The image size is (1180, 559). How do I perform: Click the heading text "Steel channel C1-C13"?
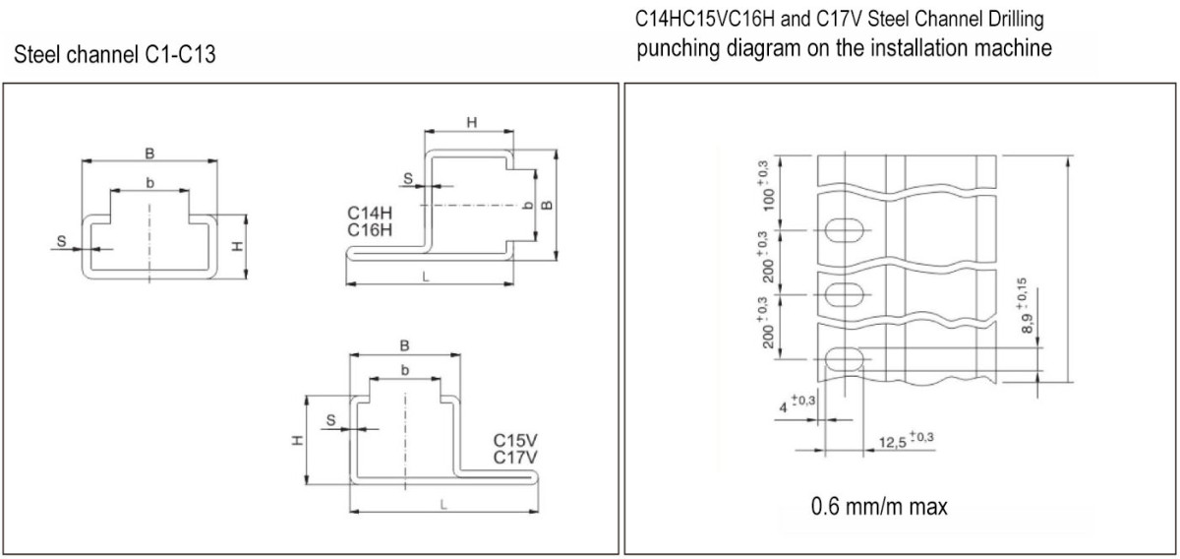(115, 54)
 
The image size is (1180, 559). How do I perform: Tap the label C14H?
(370, 213)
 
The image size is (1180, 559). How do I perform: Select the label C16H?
(370, 230)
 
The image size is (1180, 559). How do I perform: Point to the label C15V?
(515, 440)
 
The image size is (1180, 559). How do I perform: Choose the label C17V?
(515, 458)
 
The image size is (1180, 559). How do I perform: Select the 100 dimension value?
(769, 199)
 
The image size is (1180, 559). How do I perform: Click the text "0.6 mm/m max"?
(879, 507)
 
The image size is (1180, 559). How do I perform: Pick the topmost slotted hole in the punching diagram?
(845, 230)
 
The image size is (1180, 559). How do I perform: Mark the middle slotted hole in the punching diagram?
(845, 295)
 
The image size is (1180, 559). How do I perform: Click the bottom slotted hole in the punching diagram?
(845, 359)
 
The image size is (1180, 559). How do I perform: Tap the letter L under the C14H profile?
(426, 277)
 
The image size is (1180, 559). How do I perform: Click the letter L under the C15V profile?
(443, 505)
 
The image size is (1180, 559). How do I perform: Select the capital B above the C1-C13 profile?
(149, 154)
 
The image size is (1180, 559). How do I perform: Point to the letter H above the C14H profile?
(472, 122)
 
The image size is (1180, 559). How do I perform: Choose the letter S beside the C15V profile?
(330, 420)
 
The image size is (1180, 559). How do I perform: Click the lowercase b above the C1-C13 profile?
(150, 182)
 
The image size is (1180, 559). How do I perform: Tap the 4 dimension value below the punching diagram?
(784, 407)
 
